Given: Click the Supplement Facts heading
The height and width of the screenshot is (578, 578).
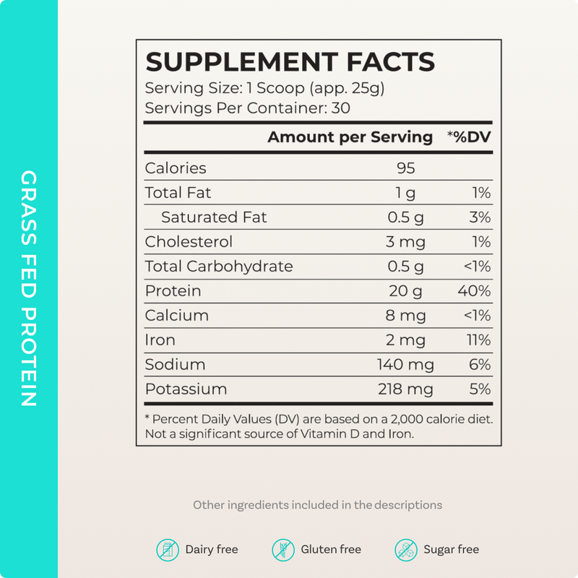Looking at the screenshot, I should point(290,62).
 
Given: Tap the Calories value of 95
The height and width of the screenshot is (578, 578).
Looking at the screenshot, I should point(405,168).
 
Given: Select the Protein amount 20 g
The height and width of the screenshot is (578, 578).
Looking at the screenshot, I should point(405,291).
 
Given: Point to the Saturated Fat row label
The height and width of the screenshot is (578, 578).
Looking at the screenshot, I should point(214,217).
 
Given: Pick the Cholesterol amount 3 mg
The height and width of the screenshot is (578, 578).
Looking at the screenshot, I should point(405,242).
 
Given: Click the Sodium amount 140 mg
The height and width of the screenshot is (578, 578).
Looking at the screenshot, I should point(405,365).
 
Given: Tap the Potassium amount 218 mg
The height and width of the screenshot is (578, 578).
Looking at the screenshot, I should point(405,389).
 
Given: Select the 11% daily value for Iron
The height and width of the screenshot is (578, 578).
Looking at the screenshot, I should point(478,340).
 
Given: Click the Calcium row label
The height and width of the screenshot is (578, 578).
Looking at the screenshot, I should point(177,316).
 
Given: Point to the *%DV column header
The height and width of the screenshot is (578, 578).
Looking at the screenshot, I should point(469,137).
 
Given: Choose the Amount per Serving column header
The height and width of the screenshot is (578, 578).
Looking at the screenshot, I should point(350,137).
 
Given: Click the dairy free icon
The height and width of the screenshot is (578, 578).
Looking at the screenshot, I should point(168,550).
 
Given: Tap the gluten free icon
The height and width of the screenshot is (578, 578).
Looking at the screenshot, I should point(283,550).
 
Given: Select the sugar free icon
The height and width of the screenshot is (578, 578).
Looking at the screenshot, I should point(406,550).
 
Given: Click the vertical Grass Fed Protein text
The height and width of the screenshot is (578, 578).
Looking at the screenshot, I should point(29,289).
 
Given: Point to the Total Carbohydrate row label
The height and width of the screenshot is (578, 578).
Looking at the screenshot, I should point(219,267).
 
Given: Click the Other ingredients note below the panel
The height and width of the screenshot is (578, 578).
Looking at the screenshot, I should point(317,505).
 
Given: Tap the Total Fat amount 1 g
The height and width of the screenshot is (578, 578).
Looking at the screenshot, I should point(405,193).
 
